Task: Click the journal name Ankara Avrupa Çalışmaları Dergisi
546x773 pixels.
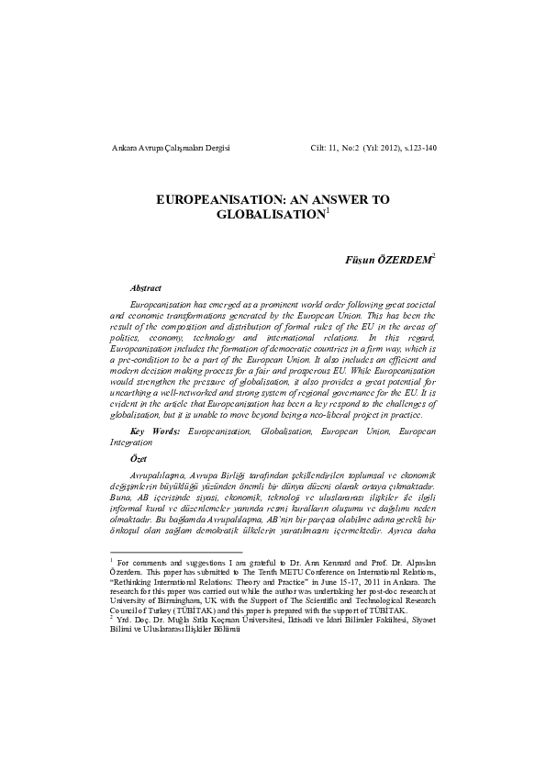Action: (x=169, y=147)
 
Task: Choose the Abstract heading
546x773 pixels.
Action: (x=146, y=288)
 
